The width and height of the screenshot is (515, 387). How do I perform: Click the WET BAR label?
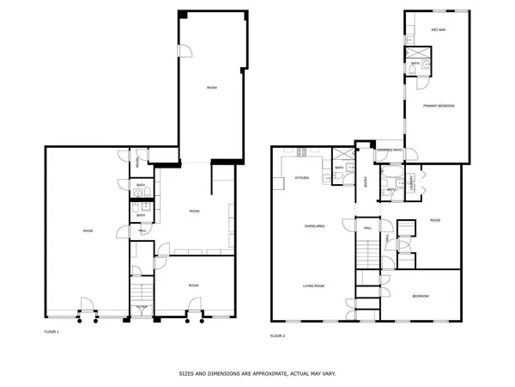pos(434,29)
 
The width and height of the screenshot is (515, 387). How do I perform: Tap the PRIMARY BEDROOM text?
pos(438,105)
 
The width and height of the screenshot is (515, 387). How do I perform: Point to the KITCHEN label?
pos(302,178)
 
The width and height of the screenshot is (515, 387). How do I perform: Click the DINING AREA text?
pos(314,226)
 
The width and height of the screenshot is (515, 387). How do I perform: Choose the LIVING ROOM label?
pos(312,286)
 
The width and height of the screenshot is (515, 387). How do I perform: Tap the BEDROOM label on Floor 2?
pos(421,296)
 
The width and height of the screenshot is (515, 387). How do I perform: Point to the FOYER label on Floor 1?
pos(139,305)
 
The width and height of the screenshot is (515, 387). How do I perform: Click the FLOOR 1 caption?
pos(51,331)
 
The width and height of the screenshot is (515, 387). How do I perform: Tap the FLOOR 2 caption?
pos(277,335)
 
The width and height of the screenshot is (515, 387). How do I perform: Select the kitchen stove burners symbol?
pos(301,153)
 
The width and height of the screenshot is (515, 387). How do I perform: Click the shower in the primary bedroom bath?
pos(414,49)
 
